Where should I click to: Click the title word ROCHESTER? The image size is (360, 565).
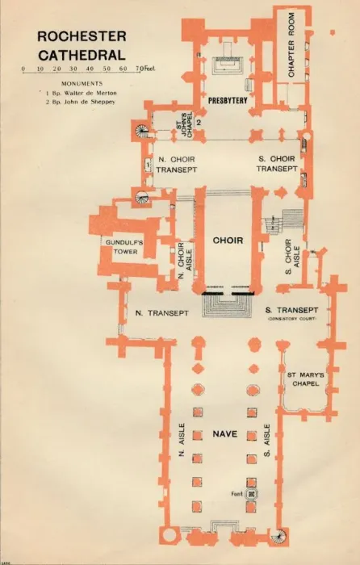(82, 36)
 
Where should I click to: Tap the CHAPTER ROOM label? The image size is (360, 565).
(291, 45)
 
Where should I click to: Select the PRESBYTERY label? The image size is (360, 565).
(228, 101)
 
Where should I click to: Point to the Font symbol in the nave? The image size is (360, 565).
(252, 494)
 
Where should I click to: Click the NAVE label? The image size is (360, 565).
(225, 434)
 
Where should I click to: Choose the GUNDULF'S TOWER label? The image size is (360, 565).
(119, 247)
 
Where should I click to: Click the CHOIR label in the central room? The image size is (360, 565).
(228, 241)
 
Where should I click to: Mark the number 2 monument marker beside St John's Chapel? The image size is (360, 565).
(198, 123)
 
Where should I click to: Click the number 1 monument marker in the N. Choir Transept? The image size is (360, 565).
(148, 165)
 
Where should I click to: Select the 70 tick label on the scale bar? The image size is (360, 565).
(138, 69)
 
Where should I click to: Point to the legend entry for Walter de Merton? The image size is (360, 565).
(81, 93)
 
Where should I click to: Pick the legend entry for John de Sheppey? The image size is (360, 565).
(81, 102)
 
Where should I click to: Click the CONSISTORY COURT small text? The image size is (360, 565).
(291, 319)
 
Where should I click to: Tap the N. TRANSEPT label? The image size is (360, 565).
(161, 313)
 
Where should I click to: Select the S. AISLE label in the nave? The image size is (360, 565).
(267, 440)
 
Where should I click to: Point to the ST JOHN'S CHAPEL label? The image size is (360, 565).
(183, 123)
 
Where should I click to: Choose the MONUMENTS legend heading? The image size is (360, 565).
(82, 84)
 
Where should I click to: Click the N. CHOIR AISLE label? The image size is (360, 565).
(185, 260)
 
